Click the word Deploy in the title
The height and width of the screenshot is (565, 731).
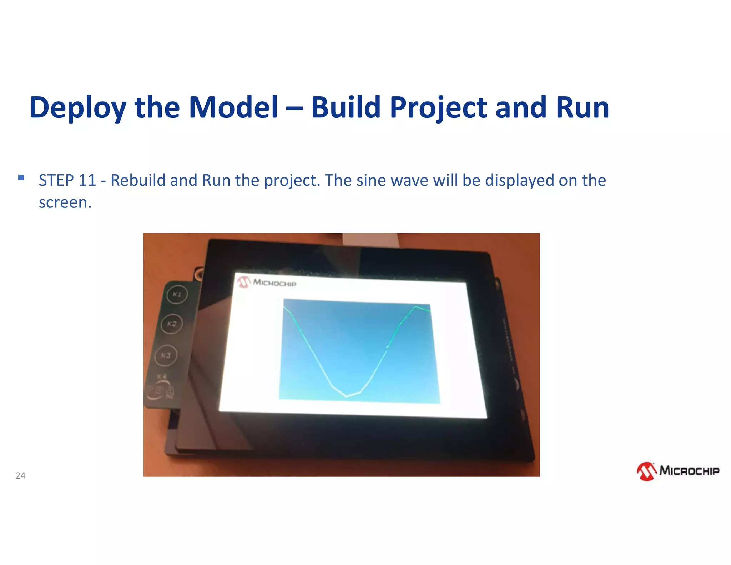click(78, 107)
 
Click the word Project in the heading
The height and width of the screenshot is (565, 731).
click(438, 107)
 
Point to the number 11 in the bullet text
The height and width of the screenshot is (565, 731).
click(87, 180)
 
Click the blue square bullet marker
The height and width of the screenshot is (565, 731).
click(21, 177)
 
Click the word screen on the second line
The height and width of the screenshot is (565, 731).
click(65, 202)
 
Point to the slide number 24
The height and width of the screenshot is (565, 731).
click(21, 475)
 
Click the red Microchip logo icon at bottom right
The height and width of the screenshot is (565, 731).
click(646, 471)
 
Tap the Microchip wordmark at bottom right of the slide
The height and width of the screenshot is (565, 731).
click(689, 471)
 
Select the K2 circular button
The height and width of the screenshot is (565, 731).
click(172, 324)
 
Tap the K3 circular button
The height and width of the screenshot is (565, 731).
click(166, 355)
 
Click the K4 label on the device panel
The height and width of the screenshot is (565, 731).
click(162, 376)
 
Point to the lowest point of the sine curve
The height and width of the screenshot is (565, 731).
click(346, 396)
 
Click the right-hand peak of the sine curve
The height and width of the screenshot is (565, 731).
click(416, 306)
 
